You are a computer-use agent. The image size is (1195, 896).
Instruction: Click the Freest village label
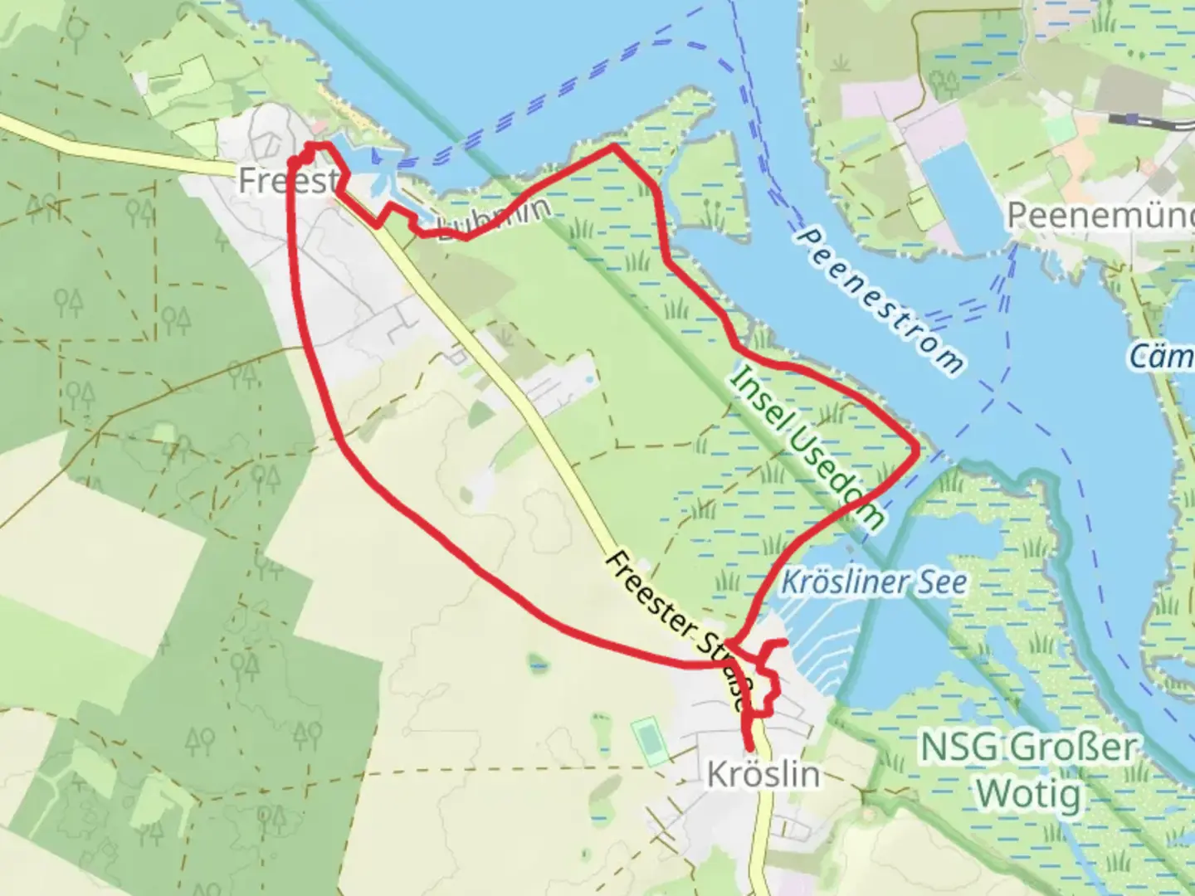[286, 180]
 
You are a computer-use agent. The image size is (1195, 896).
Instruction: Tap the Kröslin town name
[763, 774]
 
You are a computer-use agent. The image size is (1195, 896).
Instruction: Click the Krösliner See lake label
[874, 582]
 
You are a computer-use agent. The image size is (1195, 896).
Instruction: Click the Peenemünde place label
[1100, 216]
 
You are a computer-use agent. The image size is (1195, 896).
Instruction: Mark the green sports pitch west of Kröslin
[649, 741]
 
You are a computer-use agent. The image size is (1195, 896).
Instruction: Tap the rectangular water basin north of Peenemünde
[954, 195]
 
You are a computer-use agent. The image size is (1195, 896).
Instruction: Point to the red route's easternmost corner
[916, 449]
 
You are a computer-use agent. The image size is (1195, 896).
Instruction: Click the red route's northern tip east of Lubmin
[612, 146]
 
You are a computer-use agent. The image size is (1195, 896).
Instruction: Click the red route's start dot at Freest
[293, 160]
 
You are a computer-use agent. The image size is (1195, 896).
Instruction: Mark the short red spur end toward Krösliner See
[784, 643]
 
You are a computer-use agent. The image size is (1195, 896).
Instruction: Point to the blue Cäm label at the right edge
[1162, 358]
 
